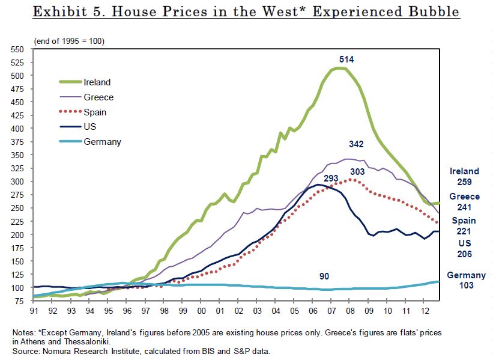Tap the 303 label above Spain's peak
tap(357, 171)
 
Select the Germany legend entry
tap(103, 142)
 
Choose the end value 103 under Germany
tap(465, 285)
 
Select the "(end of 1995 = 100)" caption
tap(62, 40)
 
